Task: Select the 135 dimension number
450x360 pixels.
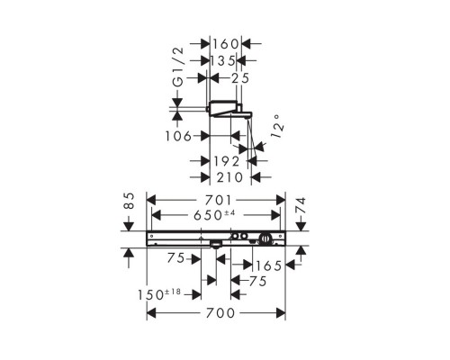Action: pyautogui.click(x=223, y=60)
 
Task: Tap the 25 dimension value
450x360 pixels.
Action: pyautogui.click(x=238, y=80)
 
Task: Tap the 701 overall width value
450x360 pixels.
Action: pyautogui.click(x=216, y=200)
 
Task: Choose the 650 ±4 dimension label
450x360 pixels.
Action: pyautogui.click(x=216, y=217)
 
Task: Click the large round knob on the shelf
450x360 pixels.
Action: pyautogui.click(x=265, y=238)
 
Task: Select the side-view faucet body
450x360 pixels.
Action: pyautogui.click(x=229, y=111)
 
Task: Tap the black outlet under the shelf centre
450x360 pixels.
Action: pyautogui.click(x=216, y=243)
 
